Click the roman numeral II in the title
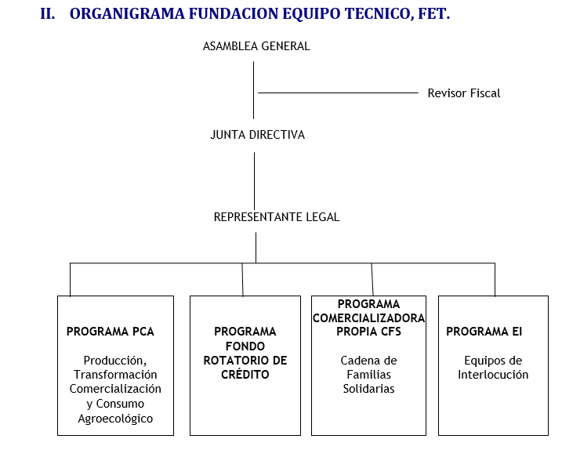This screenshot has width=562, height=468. [x=48, y=14]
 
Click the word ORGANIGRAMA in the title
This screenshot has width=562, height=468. [x=127, y=14]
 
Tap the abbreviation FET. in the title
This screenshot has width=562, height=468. [x=433, y=14]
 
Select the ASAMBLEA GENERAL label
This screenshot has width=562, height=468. [x=256, y=46]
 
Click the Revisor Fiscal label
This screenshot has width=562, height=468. [x=464, y=93]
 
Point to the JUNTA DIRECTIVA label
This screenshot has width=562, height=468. [x=257, y=135]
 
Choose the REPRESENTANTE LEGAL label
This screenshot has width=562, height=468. [x=277, y=217]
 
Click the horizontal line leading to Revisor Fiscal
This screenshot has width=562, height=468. [x=338, y=93]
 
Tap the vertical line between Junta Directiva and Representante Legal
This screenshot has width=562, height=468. [x=255, y=181]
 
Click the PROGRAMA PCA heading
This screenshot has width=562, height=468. [x=111, y=332]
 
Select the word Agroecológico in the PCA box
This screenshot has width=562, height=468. [x=115, y=419]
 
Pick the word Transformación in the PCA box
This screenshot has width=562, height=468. [x=115, y=375]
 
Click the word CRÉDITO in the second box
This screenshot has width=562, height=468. [x=245, y=374]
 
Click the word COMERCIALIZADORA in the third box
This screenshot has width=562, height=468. [x=369, y=317]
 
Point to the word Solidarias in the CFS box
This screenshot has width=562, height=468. [x=369, y=389]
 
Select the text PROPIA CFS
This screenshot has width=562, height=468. [x=369, y=332]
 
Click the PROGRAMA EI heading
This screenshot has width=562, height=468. [x=484, y=332]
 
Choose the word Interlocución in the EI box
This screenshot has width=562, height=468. [x=493, y=375]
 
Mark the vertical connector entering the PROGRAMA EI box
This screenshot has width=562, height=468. [x=495, y=280]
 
